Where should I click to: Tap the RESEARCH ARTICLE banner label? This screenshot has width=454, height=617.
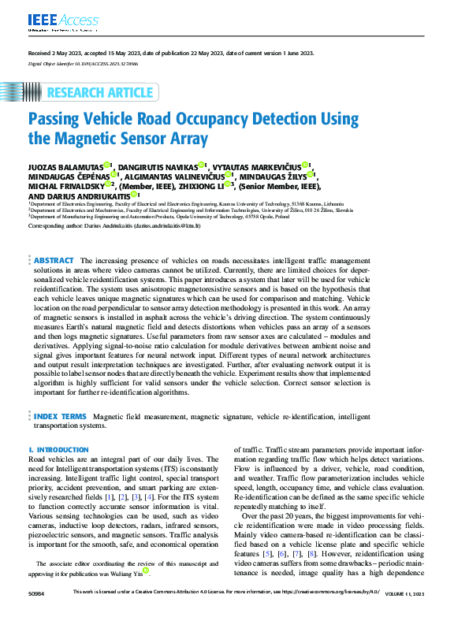pyautogui.click(x=100, y=93)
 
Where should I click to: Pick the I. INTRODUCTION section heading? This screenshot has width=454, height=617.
pyautogui.click(x=58, y=449)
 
